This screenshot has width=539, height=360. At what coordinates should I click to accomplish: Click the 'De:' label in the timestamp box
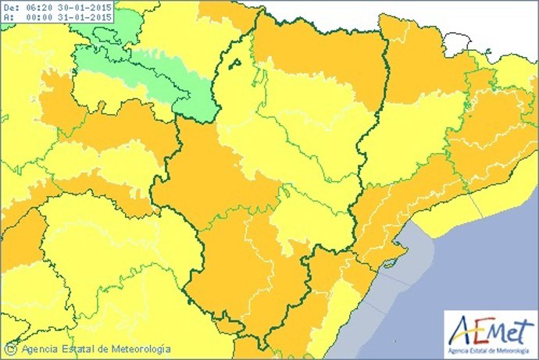pyautogui.click(x=11, y=8)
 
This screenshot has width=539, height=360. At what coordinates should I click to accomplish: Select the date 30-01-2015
pyautogui.click(x=85, y=8)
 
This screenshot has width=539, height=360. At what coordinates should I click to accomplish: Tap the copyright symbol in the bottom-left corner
pyautogui.click(x=11, y=350)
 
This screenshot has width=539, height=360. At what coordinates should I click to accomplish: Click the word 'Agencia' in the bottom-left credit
pyautogui.click(x=41, y=350)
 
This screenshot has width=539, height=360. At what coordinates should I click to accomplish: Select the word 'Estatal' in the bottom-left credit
pyautogui.click(x=80, y=350)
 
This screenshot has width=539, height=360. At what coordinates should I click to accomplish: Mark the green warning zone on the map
pyautogui.click(x=148, y=70)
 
